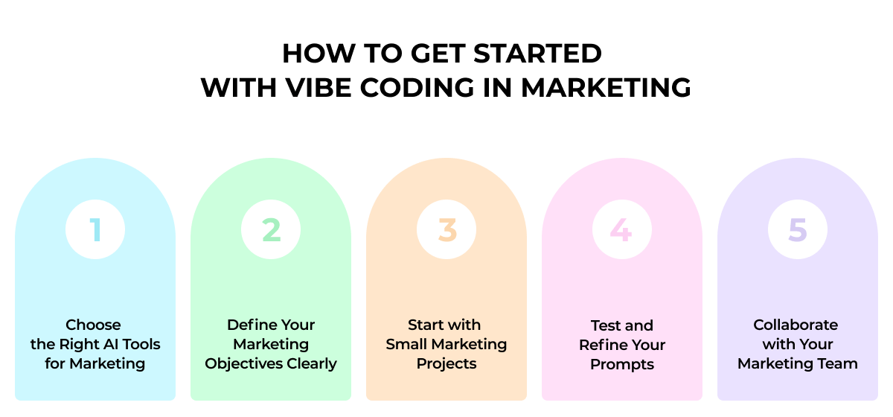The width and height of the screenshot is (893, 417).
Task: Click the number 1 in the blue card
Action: (x=95, y=230)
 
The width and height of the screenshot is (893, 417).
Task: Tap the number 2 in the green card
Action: (x=271, y=230)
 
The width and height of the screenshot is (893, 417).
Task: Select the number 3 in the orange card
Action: (x=446, y=230)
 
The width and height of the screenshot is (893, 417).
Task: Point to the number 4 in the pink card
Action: (x=621, y=230)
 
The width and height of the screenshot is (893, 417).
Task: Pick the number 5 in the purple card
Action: (x=797, y=230)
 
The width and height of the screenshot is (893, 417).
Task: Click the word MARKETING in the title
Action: (x=606, y=88)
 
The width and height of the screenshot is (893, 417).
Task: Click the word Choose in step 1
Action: (x=93, y=325)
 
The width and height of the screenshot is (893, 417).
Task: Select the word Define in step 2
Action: (x=250, y=325)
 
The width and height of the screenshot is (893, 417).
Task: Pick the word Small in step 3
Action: (x=409, y=345)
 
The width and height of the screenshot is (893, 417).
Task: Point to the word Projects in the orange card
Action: (x=446, y=364)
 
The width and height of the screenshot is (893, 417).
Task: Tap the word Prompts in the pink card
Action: (x=622, y=364)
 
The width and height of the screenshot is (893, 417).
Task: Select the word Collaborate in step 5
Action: (x=796, y=325)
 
